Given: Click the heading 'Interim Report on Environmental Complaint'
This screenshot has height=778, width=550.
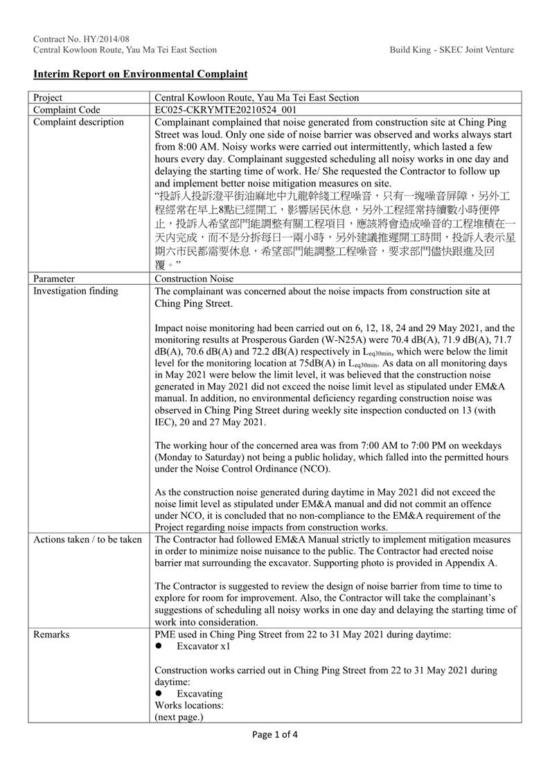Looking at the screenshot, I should coord(140,73).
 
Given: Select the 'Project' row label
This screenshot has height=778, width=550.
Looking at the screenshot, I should coord(47,98).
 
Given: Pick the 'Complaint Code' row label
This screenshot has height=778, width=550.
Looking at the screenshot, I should coord(66,109).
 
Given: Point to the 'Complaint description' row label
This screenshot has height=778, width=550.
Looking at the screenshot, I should coord(78,122).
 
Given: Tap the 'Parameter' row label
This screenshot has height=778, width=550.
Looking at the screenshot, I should coord(54,279).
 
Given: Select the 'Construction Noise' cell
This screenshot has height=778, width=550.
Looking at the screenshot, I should coord(194,279).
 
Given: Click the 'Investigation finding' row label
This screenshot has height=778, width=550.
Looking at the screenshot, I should coord(76,291).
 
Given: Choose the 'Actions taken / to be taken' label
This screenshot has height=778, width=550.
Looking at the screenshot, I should coord(87,539).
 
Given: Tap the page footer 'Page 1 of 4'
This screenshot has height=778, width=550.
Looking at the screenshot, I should coord(275,735).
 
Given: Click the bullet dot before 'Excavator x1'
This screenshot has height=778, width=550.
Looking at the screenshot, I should coord(159,646).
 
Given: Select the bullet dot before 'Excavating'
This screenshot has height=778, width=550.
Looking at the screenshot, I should coord(159,693).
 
